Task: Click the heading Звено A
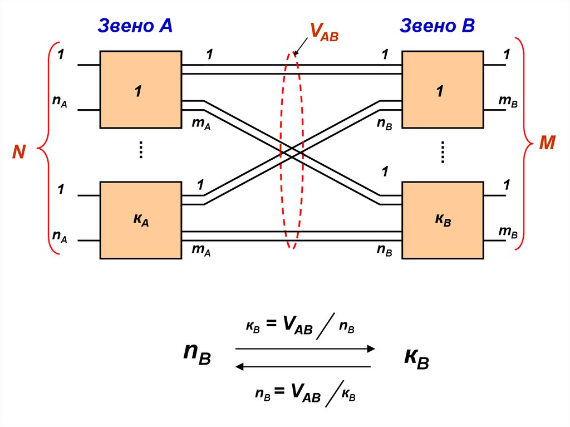point(135,25)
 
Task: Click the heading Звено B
point(437,25)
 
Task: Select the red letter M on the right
point(547,144)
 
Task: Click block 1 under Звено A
point(141,90)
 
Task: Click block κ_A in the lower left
point(141,220)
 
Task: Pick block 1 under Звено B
point(443,90)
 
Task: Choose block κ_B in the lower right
point(443,220)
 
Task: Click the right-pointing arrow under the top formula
point(305,349)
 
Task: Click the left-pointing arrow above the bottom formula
point(303,366)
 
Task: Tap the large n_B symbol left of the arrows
point(198,354)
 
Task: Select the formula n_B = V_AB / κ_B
point(305,394)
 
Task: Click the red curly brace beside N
point(46,149)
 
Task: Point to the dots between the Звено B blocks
point(443,152)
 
